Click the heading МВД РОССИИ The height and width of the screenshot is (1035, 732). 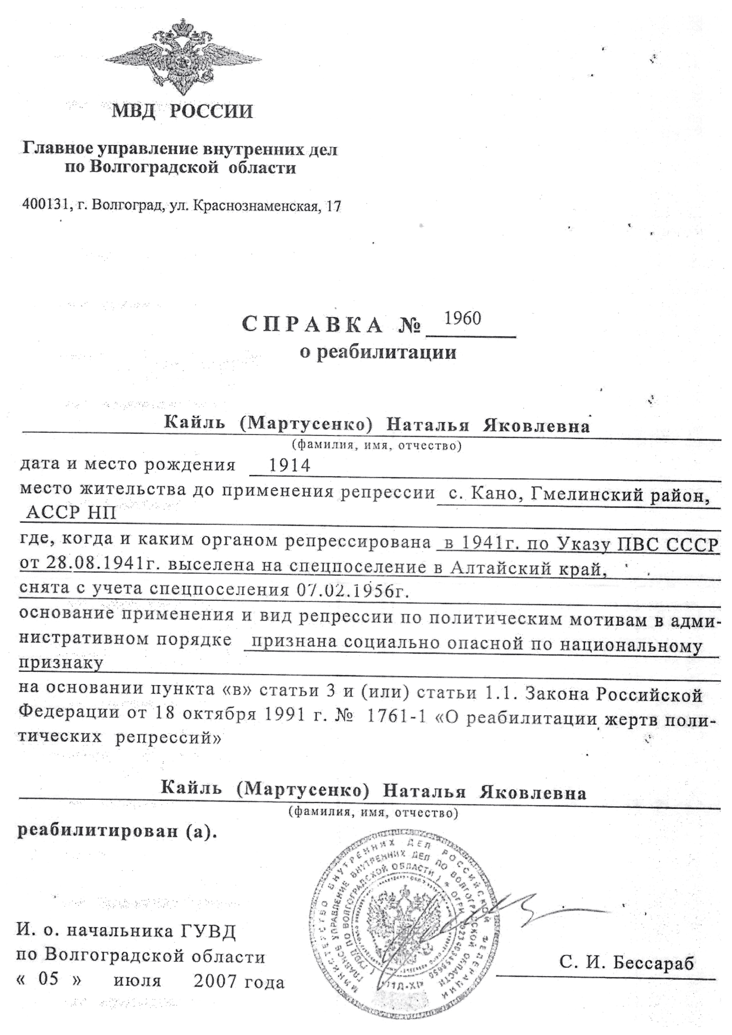click(182, 112)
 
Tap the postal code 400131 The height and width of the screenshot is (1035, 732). click(46, 205)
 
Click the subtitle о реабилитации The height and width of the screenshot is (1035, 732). click(378, 352)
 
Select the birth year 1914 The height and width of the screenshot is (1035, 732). click(289, 466)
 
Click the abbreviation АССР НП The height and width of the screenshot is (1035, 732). click(71, 513)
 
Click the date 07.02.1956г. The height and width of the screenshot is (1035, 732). click(352, 590)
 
